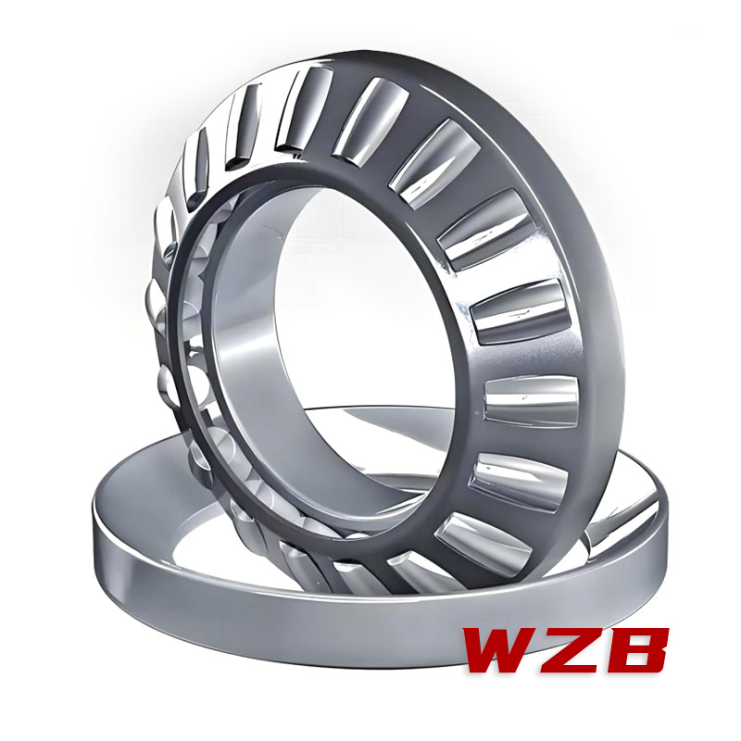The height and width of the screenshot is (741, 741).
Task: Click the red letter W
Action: (x=501, y=649)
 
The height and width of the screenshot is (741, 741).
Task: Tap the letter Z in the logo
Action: (x=575, y=649)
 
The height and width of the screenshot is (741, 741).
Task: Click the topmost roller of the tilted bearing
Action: (x=305, y=110)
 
